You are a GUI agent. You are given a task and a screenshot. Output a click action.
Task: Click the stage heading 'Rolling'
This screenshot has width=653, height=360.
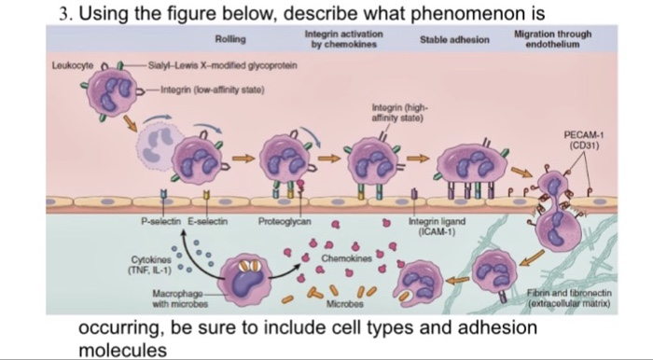click(x=229, y=40)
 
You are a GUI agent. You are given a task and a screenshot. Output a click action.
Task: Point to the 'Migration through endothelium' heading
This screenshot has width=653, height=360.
click(x=552, y=38)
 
